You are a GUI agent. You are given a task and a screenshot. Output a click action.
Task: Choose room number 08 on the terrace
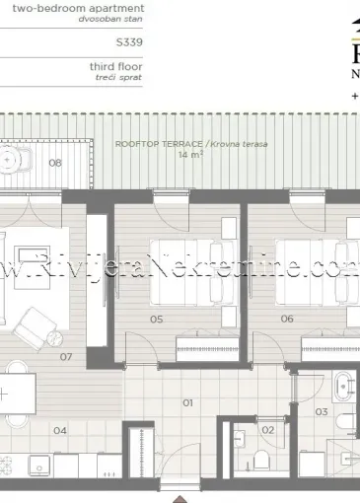(56, 164)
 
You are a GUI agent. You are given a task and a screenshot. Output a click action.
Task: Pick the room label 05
(157, 319)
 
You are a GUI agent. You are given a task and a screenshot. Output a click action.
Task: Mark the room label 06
(287, 319)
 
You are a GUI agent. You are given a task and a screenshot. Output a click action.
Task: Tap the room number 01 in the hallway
(186, 402)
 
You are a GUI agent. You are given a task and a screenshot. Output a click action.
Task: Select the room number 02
(267, 429)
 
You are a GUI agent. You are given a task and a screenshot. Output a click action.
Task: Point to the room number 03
(321, 411)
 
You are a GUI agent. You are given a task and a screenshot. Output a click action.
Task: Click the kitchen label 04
(60, 430)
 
